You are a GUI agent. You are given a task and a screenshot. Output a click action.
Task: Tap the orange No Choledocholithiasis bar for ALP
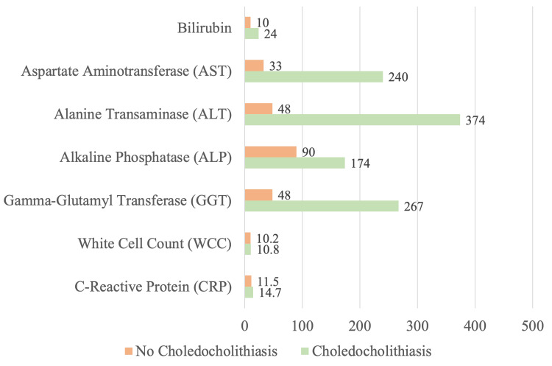pos(270,151)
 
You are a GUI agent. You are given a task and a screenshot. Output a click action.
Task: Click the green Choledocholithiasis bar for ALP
pos(294,163)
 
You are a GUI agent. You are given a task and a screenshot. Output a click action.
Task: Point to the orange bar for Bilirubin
pos(247,22)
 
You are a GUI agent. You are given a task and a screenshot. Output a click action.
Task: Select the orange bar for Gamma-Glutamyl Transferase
pos(258,194)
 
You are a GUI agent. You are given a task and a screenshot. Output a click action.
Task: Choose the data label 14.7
pos(268,293)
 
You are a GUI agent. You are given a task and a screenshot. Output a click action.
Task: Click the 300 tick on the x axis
pos(417,325)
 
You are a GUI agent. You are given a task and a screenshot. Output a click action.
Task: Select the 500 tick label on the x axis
pos(532,325)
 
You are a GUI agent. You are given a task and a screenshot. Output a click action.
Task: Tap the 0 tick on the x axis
pos(244,325)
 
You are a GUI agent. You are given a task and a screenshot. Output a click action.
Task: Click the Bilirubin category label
pos(205,28)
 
